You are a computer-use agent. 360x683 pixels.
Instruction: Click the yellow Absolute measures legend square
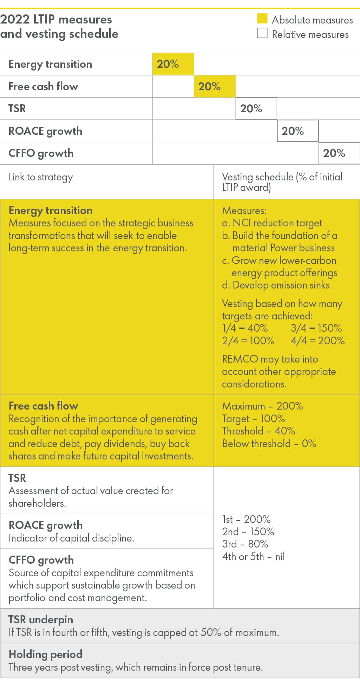(262, 19)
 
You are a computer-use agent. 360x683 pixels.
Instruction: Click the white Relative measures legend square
(262, 33)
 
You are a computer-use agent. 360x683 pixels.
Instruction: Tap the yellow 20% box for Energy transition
(173, 64)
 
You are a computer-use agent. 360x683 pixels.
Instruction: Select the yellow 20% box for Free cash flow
(214, 86)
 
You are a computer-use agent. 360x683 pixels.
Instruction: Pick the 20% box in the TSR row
(256, 108)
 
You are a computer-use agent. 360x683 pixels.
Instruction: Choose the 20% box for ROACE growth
(297, 131)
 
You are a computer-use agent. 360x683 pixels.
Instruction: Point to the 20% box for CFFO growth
(339, 153)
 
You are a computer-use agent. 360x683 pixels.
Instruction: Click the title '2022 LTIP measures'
(56, 19)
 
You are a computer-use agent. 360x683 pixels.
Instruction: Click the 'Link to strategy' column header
(41, 177)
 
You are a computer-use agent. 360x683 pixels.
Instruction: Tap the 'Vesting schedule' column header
(282, 181)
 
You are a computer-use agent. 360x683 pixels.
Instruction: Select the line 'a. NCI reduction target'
(272, 223)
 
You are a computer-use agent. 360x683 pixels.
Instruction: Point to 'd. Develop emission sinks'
(276, 285)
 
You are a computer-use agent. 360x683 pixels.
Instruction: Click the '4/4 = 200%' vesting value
(318, 340)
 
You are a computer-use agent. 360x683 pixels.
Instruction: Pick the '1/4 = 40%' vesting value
(245, 328)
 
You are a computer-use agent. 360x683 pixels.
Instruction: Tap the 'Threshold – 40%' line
(258, 431)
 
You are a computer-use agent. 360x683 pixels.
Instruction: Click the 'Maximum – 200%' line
(262, 406)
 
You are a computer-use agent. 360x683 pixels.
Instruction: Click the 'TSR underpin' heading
(41, 619)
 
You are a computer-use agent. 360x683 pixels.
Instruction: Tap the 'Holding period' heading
(45, 654)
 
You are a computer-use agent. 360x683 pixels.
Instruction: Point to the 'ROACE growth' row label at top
(45, 131)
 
